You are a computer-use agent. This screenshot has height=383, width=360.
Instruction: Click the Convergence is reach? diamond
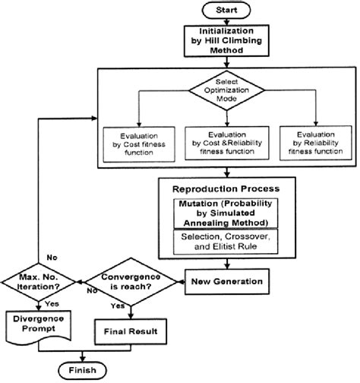[x=128, y=282]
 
